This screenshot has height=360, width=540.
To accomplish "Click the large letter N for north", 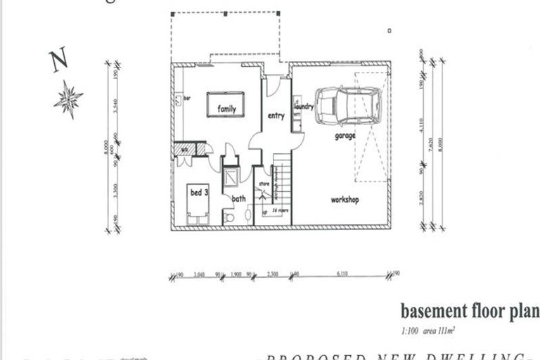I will click(58, 61).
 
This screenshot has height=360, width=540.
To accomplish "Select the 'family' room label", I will click(226, 109).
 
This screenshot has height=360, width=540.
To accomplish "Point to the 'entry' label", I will click(276, 116).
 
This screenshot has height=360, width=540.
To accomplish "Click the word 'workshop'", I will click(345, 200).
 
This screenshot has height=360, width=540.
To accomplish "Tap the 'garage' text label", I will click(345, 136).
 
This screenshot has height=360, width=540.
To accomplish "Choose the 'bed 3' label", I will click(198, 192).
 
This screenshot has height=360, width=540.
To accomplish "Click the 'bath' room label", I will click(239, 199).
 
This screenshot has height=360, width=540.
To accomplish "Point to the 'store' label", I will click(264, 184).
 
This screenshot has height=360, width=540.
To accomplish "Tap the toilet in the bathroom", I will click(229, 218).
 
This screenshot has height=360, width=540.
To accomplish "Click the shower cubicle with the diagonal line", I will click(231, 177).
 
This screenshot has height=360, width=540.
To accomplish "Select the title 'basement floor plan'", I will click(469, 310).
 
